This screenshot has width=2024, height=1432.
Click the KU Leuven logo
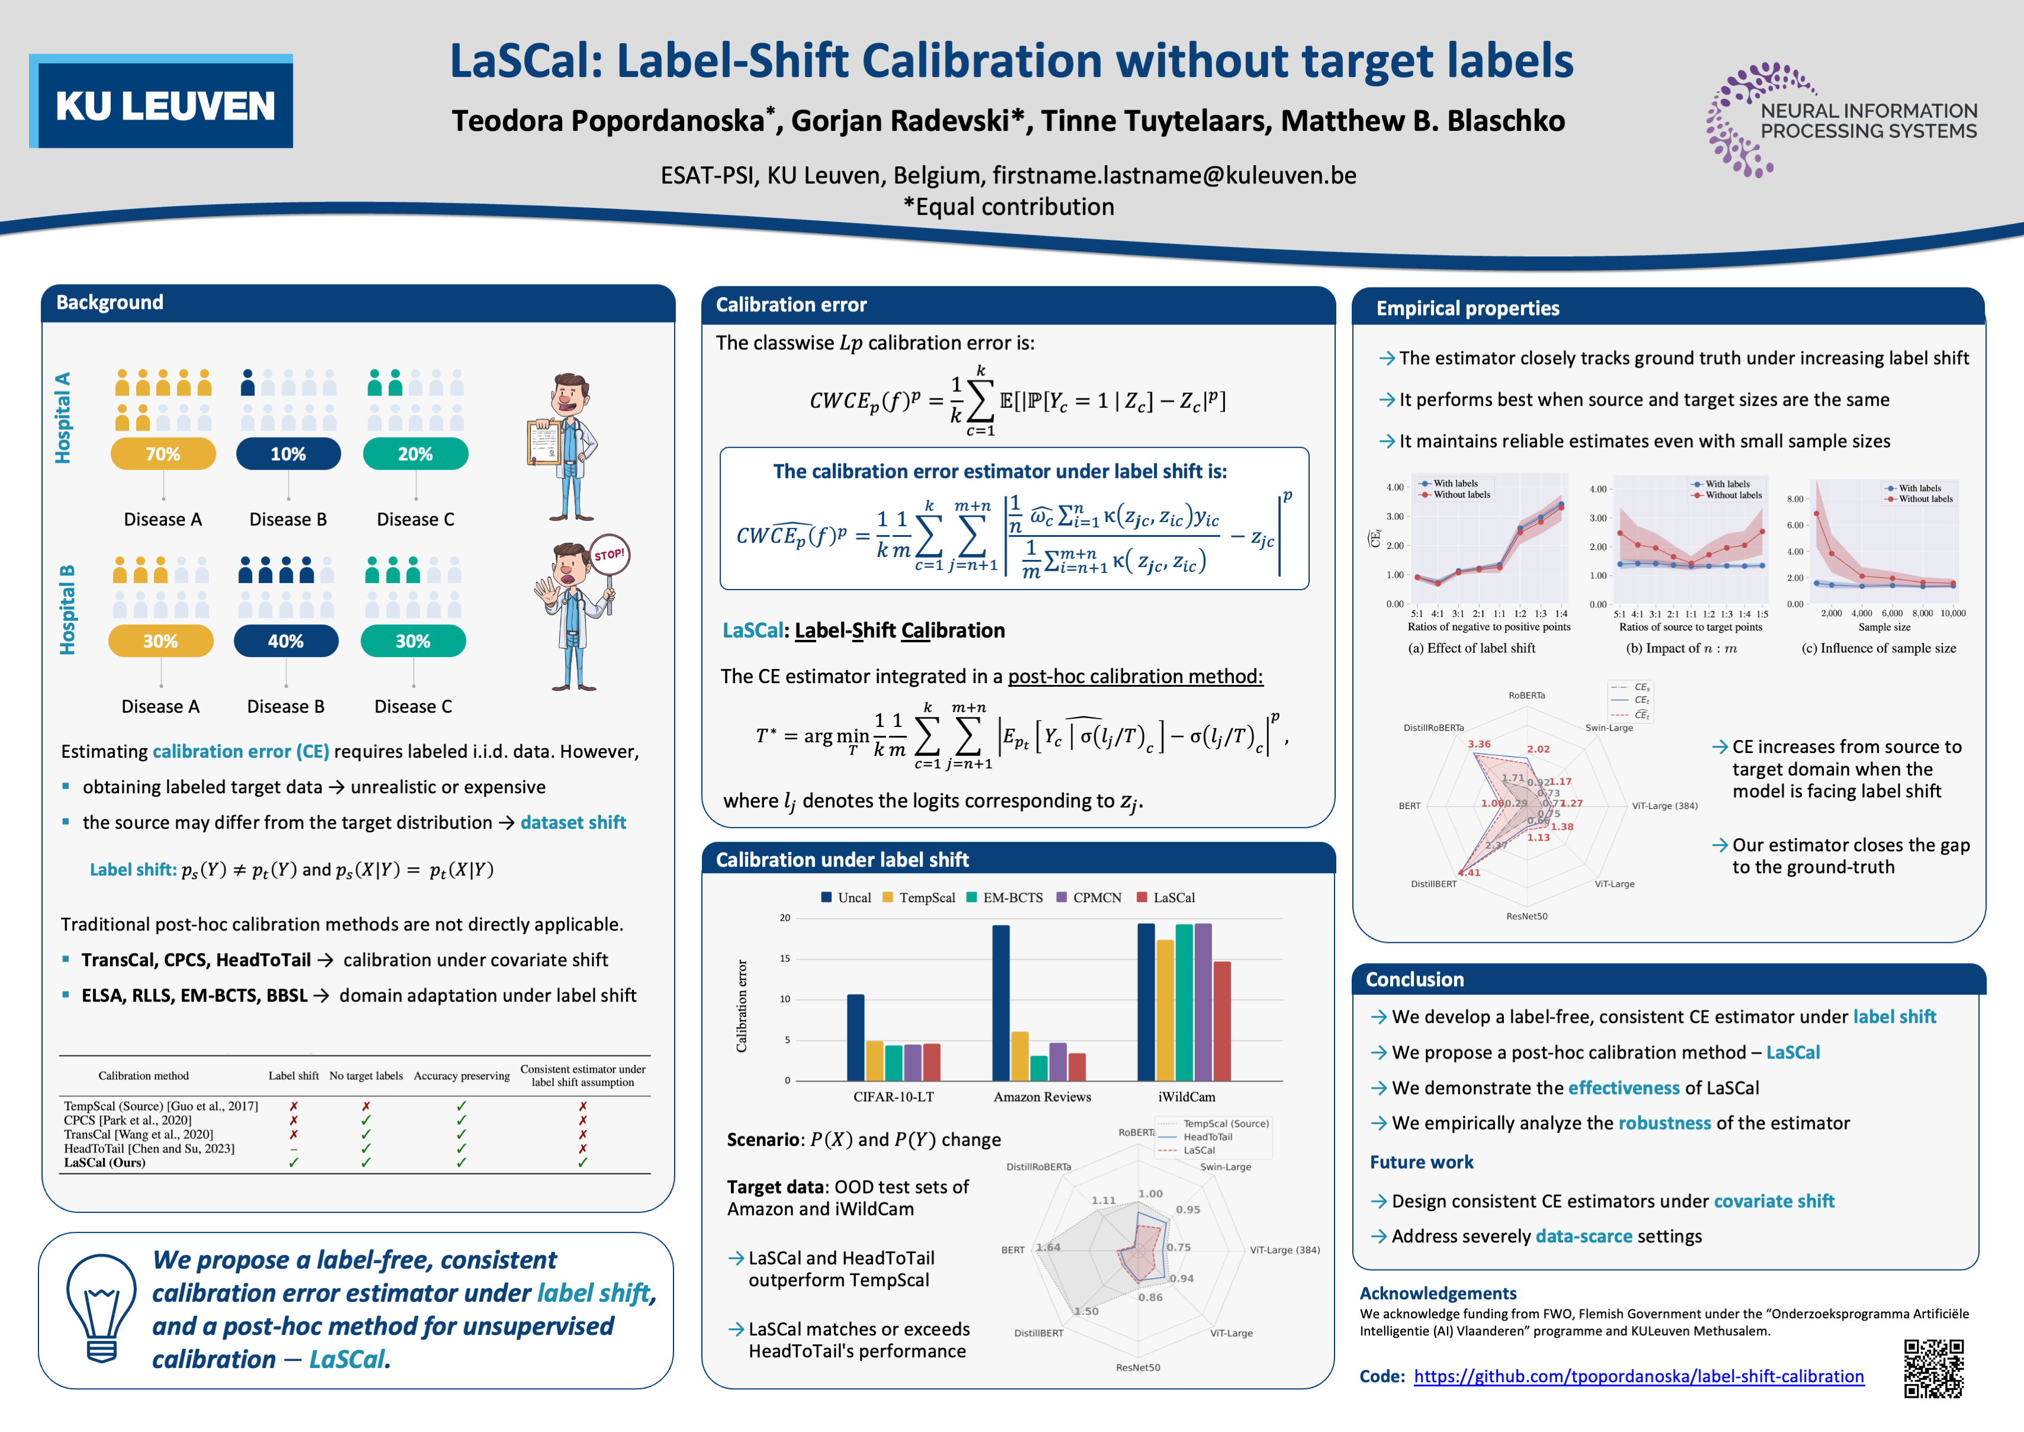click(x=162, y=101)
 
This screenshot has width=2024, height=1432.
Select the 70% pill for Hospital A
click(x=163, y=454)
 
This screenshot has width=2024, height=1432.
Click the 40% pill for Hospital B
click(x=286, y=641)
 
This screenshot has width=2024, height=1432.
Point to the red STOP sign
click(x=609, y=555)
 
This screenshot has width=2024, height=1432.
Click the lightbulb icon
click(x=101, y=1308)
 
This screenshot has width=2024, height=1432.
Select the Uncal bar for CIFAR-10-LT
click(x=855, y=1037)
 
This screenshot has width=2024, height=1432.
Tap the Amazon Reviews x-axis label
click(x=1042, y=1097)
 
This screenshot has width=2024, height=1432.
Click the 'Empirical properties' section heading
click(x=1467, y=308)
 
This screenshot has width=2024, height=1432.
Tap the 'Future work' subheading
click(x=1421, y=1162)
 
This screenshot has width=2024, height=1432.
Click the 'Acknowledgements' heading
click(x=1438, y=1293)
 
